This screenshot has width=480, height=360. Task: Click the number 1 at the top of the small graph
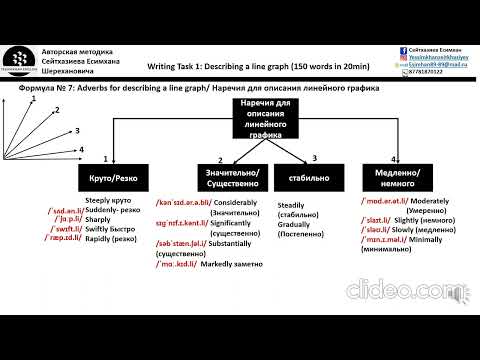pos(33,99)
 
